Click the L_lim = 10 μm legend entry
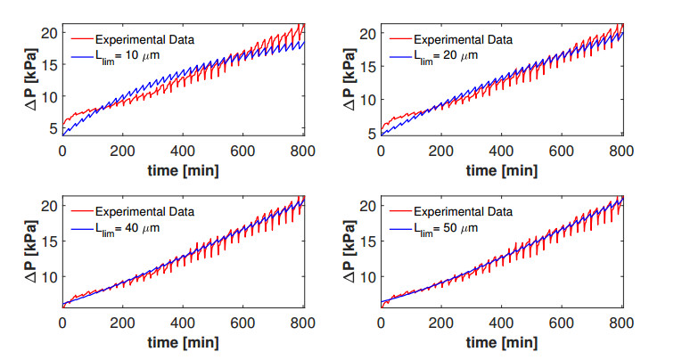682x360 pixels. (126, 56)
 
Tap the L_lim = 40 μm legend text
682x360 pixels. (126, 230)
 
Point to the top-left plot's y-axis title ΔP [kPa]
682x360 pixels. (29, 80)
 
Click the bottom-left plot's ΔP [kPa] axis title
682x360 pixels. (29, 254)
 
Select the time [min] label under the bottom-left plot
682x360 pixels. (182, 342)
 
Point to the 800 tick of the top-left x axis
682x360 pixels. (301, 151)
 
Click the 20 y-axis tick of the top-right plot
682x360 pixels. (366, 33)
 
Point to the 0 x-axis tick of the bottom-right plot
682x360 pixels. (382, 324)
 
